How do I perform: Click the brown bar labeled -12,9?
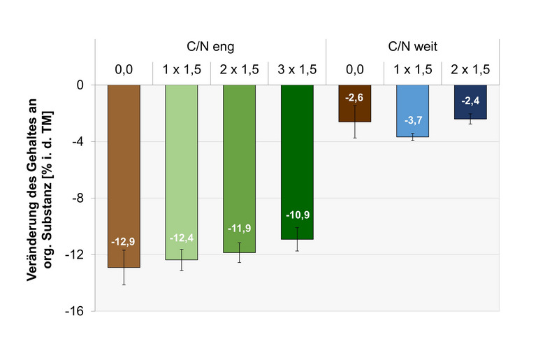pyautogui.click(x=124, y=175)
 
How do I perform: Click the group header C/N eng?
pyautogui.click(x=210, y=48)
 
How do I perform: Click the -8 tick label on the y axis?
pyautogui.click(x=78, y=198)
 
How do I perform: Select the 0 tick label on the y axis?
pyautogui.click(x=80, y=85)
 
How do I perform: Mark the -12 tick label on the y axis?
pyautogui.click(x=74, y=254)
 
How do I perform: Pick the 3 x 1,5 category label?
pyautogui.click(x=297, y=69)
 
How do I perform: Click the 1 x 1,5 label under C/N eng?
pyautogui.click(x=182, y=69)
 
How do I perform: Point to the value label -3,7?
pyautogui.click(x=412, y=121)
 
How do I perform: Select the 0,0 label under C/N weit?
pyautogui.click(x=355, y=69)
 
